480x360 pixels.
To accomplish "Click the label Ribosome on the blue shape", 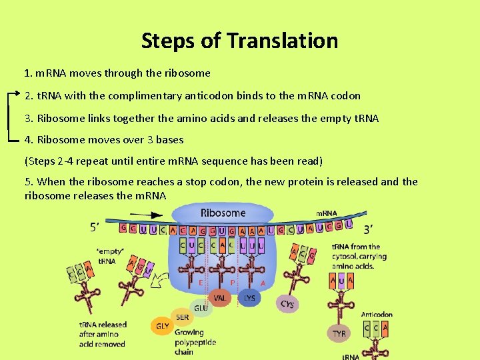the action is (x=223, y=213).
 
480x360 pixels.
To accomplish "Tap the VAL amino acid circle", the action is (x=220, y=298).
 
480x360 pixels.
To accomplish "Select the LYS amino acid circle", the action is (x=249, y=298).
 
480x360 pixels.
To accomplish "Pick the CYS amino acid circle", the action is (x=287, y=304).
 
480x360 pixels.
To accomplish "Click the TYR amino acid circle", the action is (x=339, y=332).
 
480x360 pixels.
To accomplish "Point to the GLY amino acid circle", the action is (x=162, y=327).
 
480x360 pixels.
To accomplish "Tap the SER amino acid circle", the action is (x=182, y=318).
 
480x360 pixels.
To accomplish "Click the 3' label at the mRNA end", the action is (x=368, y=229).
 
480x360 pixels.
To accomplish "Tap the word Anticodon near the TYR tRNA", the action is (x=377, y=314).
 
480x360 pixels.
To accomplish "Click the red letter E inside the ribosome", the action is (x=200, y=282).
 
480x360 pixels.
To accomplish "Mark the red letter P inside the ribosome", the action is (x=232, y=282).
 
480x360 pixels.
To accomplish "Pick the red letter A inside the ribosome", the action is (x=263, y=282).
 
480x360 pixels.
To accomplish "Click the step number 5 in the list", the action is (x=27, y=181).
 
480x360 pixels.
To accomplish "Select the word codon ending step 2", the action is (x=345, y=95).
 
